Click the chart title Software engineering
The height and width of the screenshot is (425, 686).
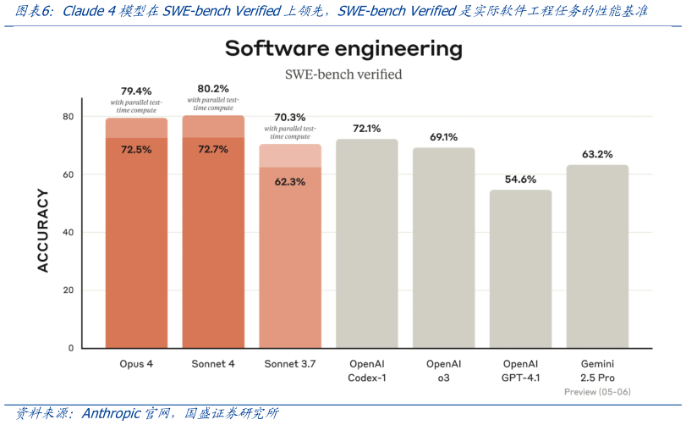343,48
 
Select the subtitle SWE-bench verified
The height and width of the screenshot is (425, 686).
343,75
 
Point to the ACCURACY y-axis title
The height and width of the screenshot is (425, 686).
43,230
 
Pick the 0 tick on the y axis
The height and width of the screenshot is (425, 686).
70,348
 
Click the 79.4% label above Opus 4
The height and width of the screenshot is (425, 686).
136,91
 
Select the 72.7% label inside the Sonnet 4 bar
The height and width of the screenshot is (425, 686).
213,149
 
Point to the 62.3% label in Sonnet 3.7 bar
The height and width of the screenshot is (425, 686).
290,181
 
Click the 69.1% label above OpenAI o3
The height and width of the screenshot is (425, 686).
443,136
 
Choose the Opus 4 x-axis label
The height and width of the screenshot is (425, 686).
136,364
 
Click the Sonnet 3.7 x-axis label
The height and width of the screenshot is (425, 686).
290,364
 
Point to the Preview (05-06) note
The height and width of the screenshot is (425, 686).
597,392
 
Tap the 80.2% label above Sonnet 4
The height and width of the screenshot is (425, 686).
213,88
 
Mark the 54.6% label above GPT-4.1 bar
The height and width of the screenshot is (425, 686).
520,179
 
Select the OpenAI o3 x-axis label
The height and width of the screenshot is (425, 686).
443,370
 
